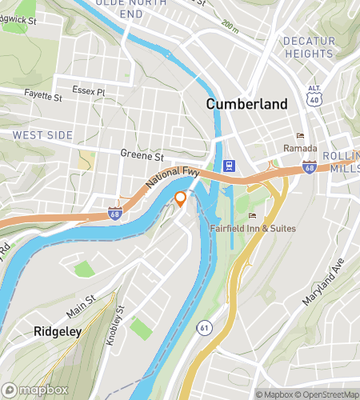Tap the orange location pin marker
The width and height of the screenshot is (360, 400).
181,199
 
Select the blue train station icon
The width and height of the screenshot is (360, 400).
230,166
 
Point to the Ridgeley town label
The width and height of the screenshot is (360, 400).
57,331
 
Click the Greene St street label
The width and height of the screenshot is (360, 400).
141,154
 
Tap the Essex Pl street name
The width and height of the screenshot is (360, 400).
88,91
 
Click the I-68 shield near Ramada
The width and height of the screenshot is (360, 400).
309,166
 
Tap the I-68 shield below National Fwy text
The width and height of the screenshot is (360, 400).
115,214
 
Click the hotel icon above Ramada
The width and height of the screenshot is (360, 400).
300,135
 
